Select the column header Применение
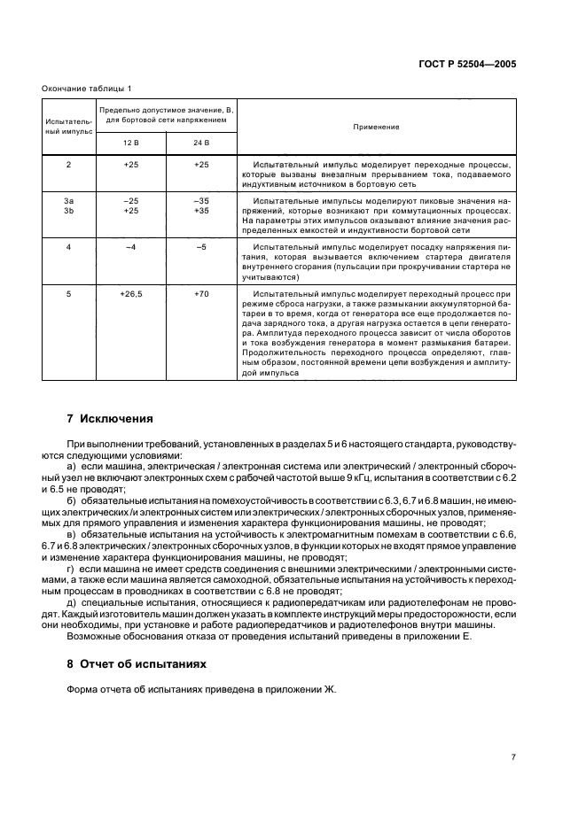tap(375, 127)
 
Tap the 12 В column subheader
tap(130, 143)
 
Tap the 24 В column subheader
tap(201, 143)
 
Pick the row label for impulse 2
tap(68, 165)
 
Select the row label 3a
tap(68, 201)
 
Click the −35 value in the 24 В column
tap(201, 201)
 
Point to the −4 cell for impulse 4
tap(130, 246)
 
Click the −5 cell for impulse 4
tap(201, 246)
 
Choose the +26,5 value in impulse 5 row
tap(130, 292)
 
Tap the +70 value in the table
tap(201, 292)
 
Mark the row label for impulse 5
tap(68, 292)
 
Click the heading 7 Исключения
tap(111, 419)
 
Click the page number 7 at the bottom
tap(513, 756)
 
